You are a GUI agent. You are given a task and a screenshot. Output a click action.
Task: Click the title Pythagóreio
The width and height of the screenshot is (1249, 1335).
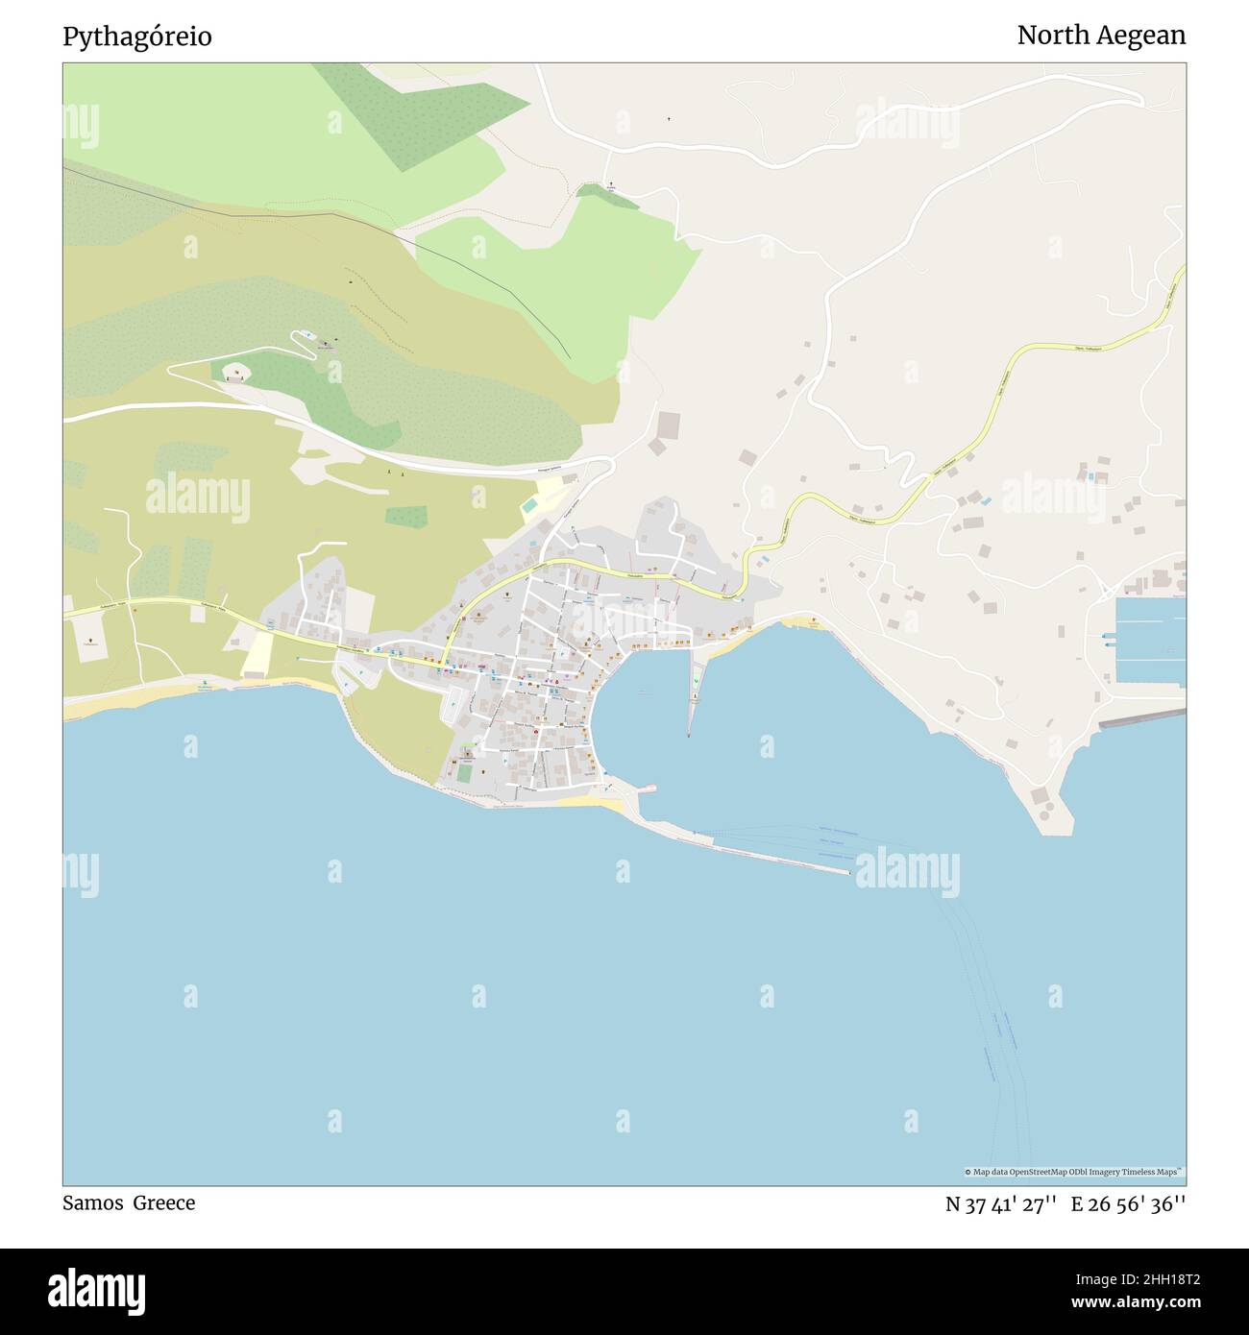point(137,36)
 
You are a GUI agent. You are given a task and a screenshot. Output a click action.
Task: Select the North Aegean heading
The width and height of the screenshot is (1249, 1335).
point(1101,36)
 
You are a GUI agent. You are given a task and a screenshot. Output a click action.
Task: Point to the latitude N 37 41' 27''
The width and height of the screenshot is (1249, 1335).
point(1001,1204)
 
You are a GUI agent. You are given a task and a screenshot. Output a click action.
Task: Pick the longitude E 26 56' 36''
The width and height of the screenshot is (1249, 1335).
point(1128,1204)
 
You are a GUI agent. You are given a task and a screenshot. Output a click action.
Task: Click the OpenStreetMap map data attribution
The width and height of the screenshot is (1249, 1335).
point(1074,1172)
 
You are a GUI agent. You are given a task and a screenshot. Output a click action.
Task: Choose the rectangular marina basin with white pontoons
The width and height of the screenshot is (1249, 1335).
point(1151,640)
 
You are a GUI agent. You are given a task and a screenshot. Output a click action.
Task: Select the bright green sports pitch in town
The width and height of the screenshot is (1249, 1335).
point(464,772)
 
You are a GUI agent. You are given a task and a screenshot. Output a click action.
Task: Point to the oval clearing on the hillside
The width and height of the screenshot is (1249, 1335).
point(234,371)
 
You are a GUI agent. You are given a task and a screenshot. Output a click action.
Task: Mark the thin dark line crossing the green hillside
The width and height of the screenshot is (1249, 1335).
point(461,259)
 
